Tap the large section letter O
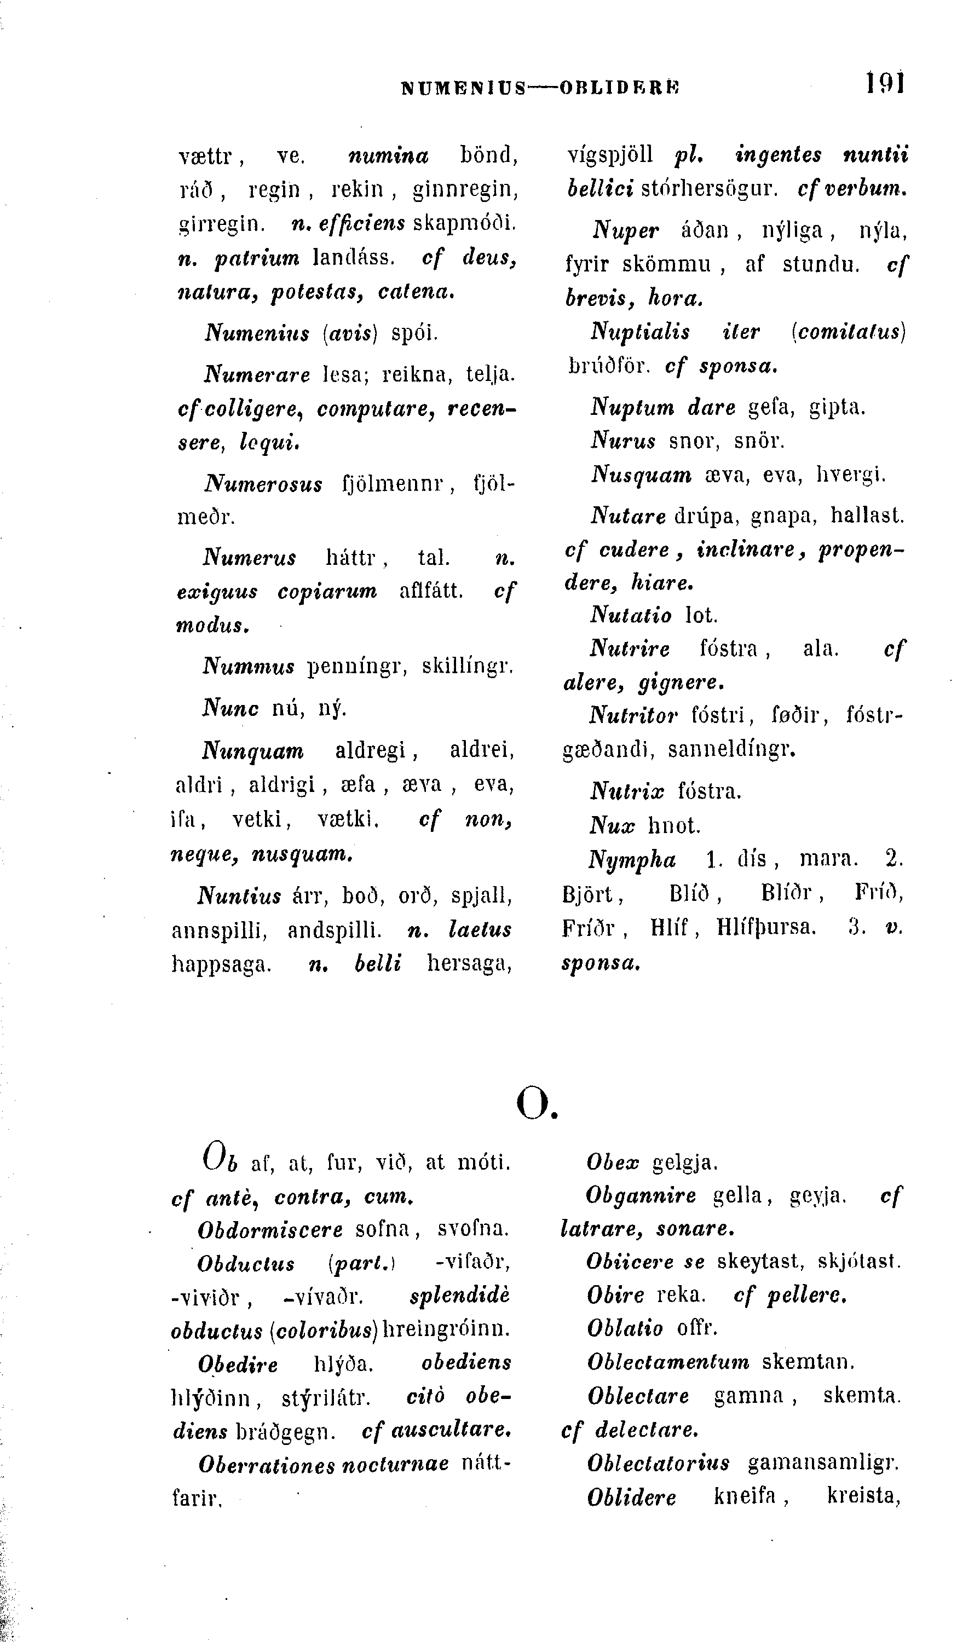pos(534,1102)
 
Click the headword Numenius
pos(257,332)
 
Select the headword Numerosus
pos(263,484)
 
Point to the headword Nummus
pos(249,666)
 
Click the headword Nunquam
pos(253,751)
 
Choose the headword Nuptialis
pos(640,332)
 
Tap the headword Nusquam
pos(641,474)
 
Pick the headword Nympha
pos(632,860)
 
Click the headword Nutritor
pos(633,714)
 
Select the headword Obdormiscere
pos(270,1229)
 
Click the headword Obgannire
pos(641,1195)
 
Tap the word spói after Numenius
pos(414,332)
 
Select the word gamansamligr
pos(823,1462)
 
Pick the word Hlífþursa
pos(766,928)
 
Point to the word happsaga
pos(221,964)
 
